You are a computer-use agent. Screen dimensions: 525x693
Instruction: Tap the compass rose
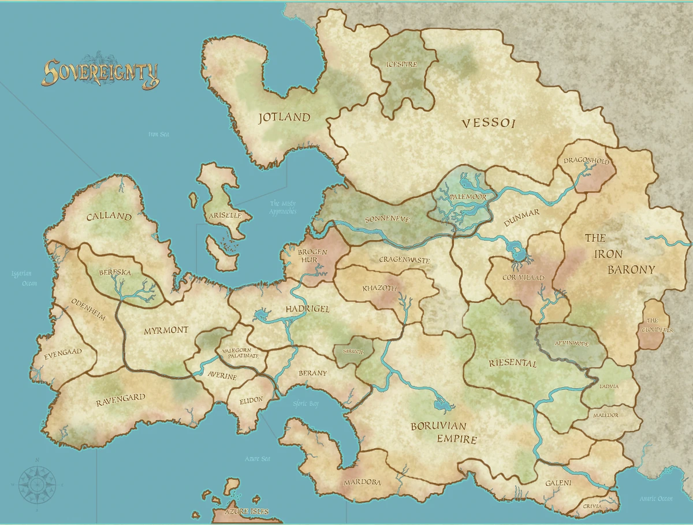pos(37,483)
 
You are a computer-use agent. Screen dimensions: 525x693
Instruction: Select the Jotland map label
pos(284,117)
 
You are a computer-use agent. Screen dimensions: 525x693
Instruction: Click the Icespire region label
pos(401,64)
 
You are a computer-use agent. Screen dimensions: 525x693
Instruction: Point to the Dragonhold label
pos(586,162)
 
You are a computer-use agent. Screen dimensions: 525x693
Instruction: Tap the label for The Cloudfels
pos(652,325)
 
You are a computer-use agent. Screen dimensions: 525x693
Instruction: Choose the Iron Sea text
pos(158,135)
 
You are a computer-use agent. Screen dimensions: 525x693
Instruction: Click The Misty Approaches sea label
pos(283,207)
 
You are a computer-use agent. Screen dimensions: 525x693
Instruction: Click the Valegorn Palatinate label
pos(240,353)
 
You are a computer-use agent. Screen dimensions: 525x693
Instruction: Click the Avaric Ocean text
pos(655,498)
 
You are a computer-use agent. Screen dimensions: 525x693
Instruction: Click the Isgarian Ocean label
pos(21,279)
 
